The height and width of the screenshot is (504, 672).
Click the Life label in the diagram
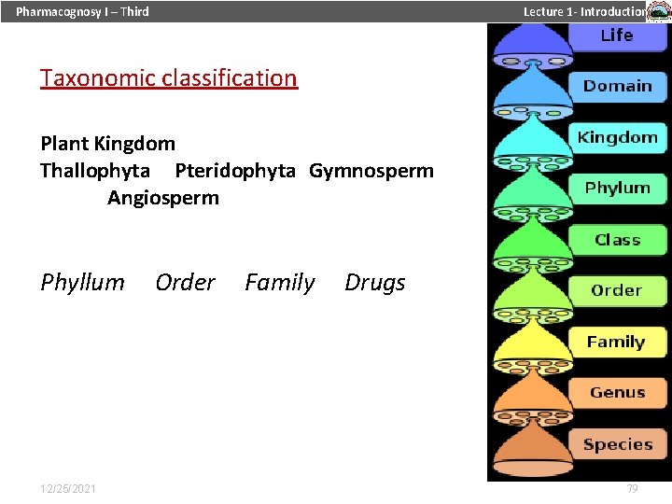pos(617,35)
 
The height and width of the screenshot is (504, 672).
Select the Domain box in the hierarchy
pos(617,86)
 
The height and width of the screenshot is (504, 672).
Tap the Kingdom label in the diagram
pos(617,137)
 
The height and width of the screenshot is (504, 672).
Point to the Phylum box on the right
pos(617,188)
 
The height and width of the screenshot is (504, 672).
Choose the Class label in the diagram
pos(617,240)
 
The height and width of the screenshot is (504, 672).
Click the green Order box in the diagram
pos(617,290)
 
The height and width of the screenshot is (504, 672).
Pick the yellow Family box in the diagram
pos(616,342)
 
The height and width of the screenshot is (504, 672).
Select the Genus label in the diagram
pos(617,393)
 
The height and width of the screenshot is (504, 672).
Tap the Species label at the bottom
pos(617,444)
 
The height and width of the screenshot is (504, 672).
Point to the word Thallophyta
pos(95,171)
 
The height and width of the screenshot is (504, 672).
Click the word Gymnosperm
pos(371,171)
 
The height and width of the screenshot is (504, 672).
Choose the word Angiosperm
pos(163,198)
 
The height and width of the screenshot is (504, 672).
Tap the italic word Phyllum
pos(82,283)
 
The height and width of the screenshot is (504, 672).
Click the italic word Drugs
pos(375,283)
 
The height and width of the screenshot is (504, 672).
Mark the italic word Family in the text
pos(280,283)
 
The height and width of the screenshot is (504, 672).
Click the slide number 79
pos(632,489)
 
